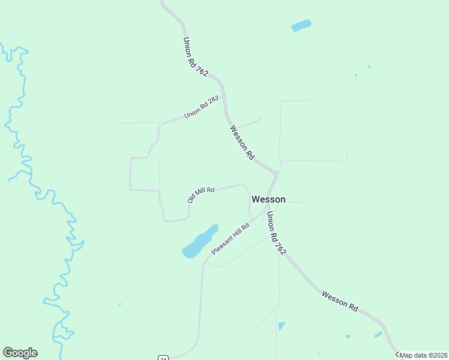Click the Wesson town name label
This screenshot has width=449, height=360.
[268, 199]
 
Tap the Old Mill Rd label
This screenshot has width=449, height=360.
[201, 194]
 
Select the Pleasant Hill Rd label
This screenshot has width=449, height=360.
[230, 238]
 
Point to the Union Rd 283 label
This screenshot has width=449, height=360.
[201, 106]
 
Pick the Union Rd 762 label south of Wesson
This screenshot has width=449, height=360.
[275, 234]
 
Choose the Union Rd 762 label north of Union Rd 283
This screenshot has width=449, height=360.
[195, 57]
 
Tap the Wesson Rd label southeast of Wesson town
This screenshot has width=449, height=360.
[340, 300]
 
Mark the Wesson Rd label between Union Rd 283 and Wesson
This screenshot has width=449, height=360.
[242, 142]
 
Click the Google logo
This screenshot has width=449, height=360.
[20, 353]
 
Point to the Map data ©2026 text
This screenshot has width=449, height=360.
[423, 355]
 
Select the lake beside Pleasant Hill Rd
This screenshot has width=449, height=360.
[199, 241]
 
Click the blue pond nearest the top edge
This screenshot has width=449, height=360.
[301, 26]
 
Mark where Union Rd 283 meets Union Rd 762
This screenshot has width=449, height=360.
[224, 96]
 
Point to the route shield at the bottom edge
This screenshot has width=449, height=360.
[163, 358]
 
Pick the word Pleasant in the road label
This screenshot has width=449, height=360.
[223, 244]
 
